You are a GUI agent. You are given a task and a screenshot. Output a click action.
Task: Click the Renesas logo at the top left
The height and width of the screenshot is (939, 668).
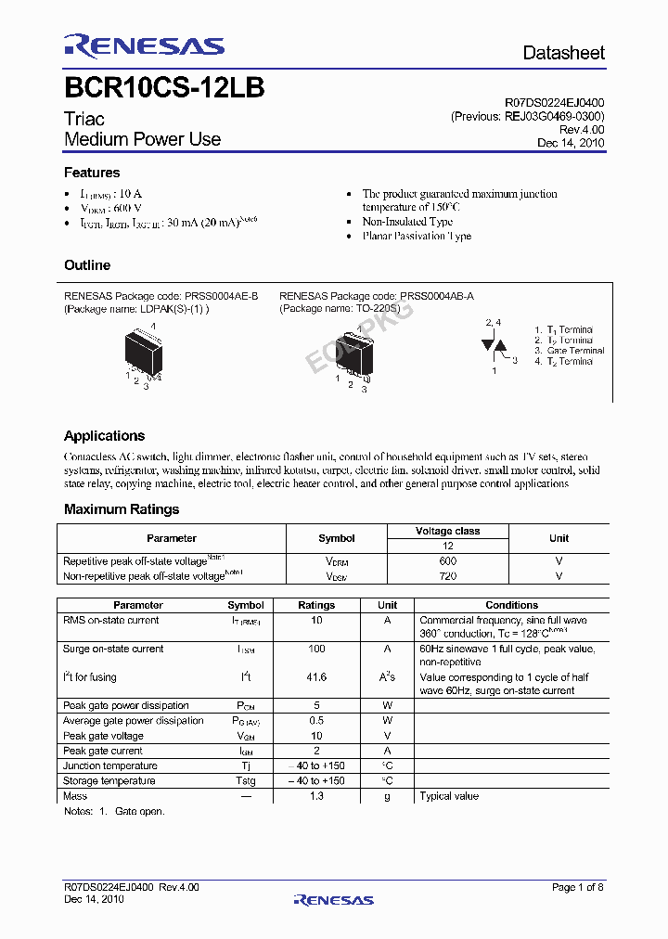click(144, 46)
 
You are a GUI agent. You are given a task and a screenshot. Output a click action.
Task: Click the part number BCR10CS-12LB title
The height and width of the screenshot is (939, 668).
click(164, 88)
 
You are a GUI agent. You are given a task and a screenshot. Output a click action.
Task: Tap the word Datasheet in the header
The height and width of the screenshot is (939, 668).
click(563, 53)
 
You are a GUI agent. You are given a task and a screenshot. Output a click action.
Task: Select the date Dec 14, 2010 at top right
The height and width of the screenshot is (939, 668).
click(571, 143)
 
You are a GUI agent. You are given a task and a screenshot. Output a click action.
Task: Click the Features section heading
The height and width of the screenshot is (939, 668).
click(92, 173)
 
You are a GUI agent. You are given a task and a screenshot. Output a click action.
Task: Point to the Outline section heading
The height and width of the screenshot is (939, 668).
click(87, 265)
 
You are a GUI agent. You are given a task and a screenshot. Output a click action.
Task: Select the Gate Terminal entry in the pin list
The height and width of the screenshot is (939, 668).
click(575, 351)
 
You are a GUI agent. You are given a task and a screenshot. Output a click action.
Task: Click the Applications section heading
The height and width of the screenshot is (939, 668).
click(104, 436)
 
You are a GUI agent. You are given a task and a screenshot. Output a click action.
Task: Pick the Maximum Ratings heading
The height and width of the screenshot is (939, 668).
click(122, 509)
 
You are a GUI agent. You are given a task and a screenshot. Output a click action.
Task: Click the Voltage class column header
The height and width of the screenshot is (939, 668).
click(447, 531)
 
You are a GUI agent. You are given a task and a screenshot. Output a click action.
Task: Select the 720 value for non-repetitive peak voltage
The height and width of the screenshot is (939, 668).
click(447, 576)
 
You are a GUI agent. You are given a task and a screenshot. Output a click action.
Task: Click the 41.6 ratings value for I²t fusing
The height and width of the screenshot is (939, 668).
click(316, 677)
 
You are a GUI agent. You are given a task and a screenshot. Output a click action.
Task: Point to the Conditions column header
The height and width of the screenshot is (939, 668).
click(511, 605)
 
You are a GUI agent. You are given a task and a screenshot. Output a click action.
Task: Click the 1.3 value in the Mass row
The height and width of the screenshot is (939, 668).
click(316, 796)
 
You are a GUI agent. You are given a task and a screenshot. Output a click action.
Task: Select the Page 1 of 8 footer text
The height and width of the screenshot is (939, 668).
click(577, 888)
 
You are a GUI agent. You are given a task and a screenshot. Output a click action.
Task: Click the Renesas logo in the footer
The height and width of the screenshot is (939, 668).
click(333, 899)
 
